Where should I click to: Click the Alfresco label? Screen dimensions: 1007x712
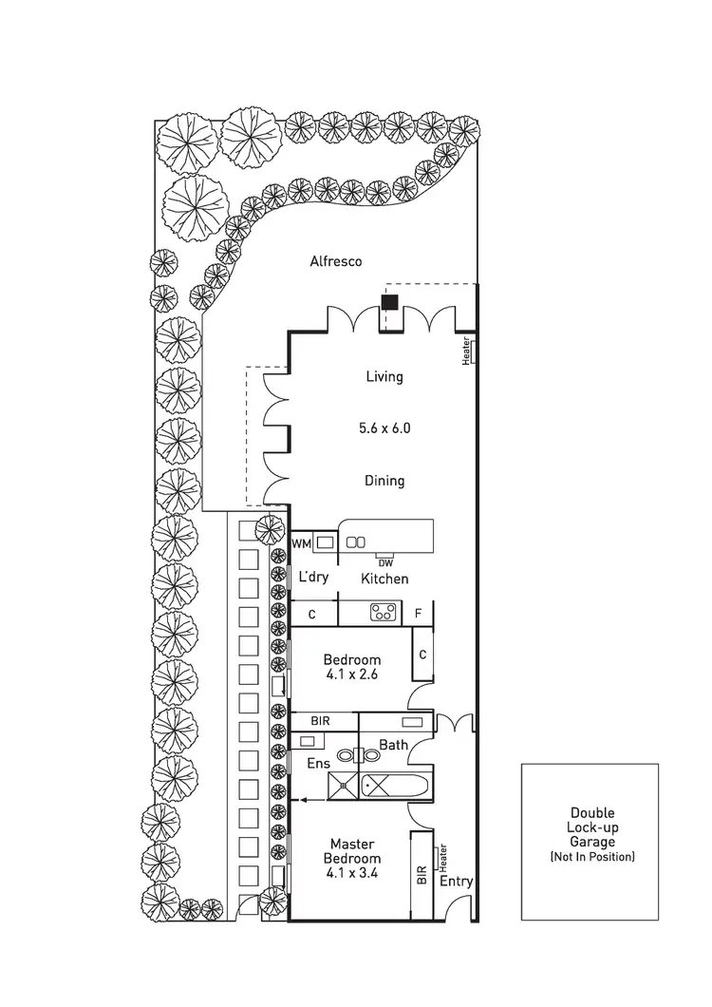coord(336,260)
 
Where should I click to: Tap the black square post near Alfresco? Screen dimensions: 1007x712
coord(388,303)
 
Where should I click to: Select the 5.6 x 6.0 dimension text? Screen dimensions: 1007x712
coord(384,428)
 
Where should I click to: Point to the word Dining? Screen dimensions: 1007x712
coord(384,481)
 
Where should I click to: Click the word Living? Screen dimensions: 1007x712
coord(384,377)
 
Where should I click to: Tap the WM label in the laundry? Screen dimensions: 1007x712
coord(301,543)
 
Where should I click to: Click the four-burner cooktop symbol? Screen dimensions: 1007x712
coord(383,613)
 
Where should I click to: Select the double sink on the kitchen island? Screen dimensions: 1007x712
coord(356,542)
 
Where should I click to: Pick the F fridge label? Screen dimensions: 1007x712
coord(418,614)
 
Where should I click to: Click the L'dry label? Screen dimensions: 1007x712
coord(313,578)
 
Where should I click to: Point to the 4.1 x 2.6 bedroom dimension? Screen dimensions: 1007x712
coord(351,675)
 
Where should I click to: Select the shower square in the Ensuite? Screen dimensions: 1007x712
coord(341,785)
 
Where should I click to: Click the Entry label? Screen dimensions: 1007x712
coord(456,882)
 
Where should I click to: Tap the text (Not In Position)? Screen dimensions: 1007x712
coord(592,857)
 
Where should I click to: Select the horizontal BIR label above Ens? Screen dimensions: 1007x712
coord(320,722)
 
